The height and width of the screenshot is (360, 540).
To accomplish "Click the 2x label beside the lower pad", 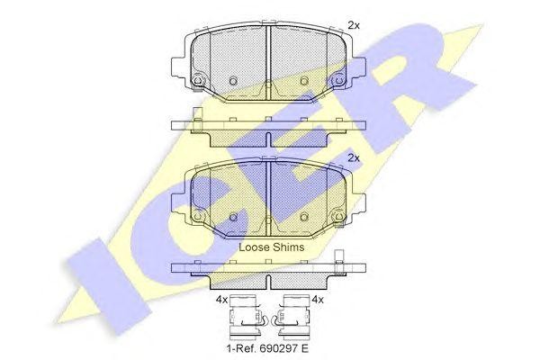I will click(x=353, y=157).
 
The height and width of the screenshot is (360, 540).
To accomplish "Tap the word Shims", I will click(x=288, y=246).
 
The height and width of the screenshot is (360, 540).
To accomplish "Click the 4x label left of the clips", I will click(x=222, y=300).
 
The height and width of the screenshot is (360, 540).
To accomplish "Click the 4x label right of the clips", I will click(x=316, y=300).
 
